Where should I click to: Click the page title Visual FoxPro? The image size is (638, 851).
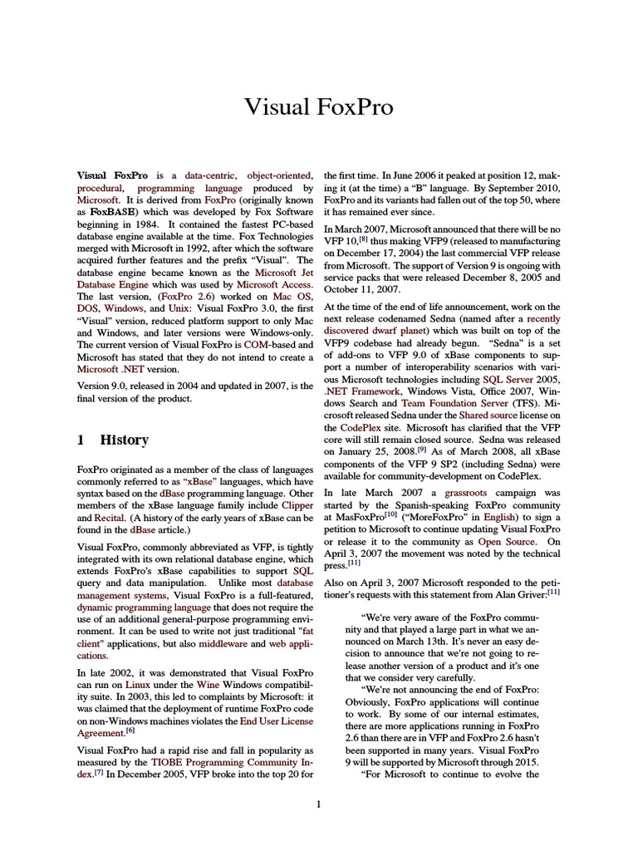[318, 107]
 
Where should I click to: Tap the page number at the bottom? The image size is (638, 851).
[318, 804]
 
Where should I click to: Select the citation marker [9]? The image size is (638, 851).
[422, 448]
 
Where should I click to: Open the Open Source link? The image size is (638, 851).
[506, 542]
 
